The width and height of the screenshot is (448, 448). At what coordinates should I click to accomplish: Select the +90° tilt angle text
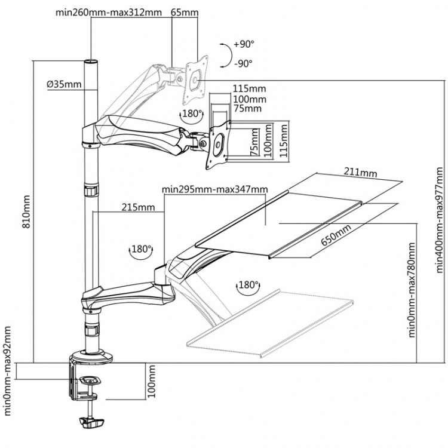[244, 44]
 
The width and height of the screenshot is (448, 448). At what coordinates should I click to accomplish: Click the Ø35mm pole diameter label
[64, 84]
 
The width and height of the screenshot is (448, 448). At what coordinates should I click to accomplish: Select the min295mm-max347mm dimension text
[214, 189]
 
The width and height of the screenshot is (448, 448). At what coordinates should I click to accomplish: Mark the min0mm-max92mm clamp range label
[8, 370]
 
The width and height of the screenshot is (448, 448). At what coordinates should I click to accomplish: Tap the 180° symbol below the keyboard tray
[248, 286]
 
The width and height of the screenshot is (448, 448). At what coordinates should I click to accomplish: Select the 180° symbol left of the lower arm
[140, 249]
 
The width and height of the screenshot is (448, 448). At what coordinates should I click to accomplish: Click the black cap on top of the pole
[90, 62]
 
